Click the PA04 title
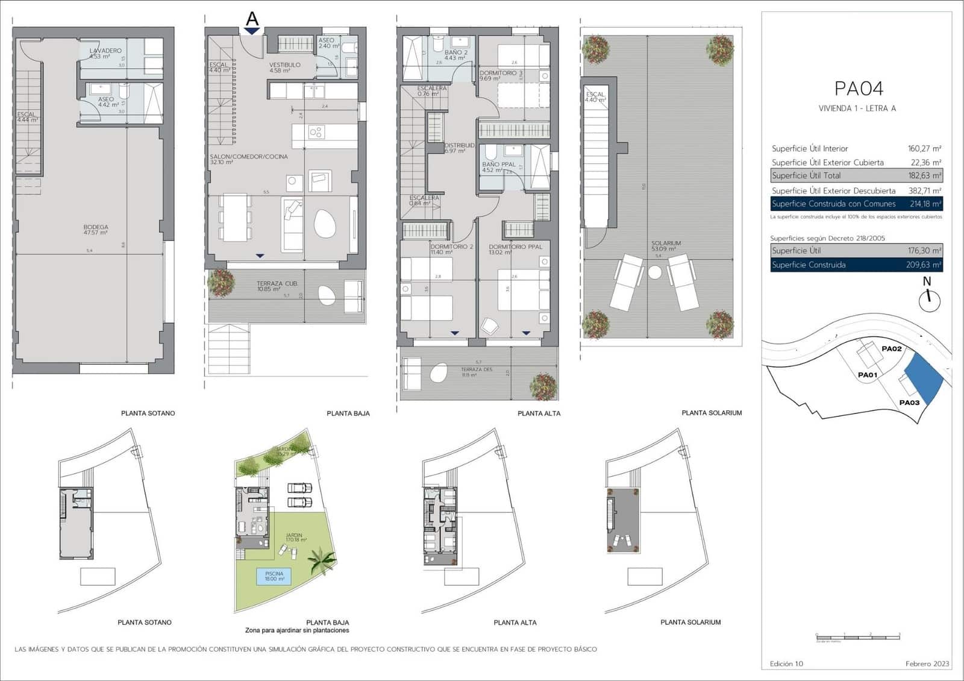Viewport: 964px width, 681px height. [858, 89]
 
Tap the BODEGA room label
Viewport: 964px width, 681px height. [96, 228]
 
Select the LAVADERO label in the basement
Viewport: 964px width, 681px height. [105, 51]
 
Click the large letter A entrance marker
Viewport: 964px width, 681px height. [252, 19]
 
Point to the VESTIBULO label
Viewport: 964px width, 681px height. [284, 65]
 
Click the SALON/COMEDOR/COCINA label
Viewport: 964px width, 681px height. [248, 157]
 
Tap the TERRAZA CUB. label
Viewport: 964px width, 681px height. [277, 284]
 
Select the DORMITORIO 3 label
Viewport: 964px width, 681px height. [501, 74]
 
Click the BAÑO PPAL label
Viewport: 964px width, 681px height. [498, 165]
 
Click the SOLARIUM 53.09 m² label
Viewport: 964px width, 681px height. [665, 244]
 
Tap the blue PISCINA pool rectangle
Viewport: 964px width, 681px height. [274, 577]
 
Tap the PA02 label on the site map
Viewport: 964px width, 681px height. [891, 349]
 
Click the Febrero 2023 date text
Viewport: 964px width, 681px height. [927, 664]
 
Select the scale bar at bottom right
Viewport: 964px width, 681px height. [857, 636]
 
